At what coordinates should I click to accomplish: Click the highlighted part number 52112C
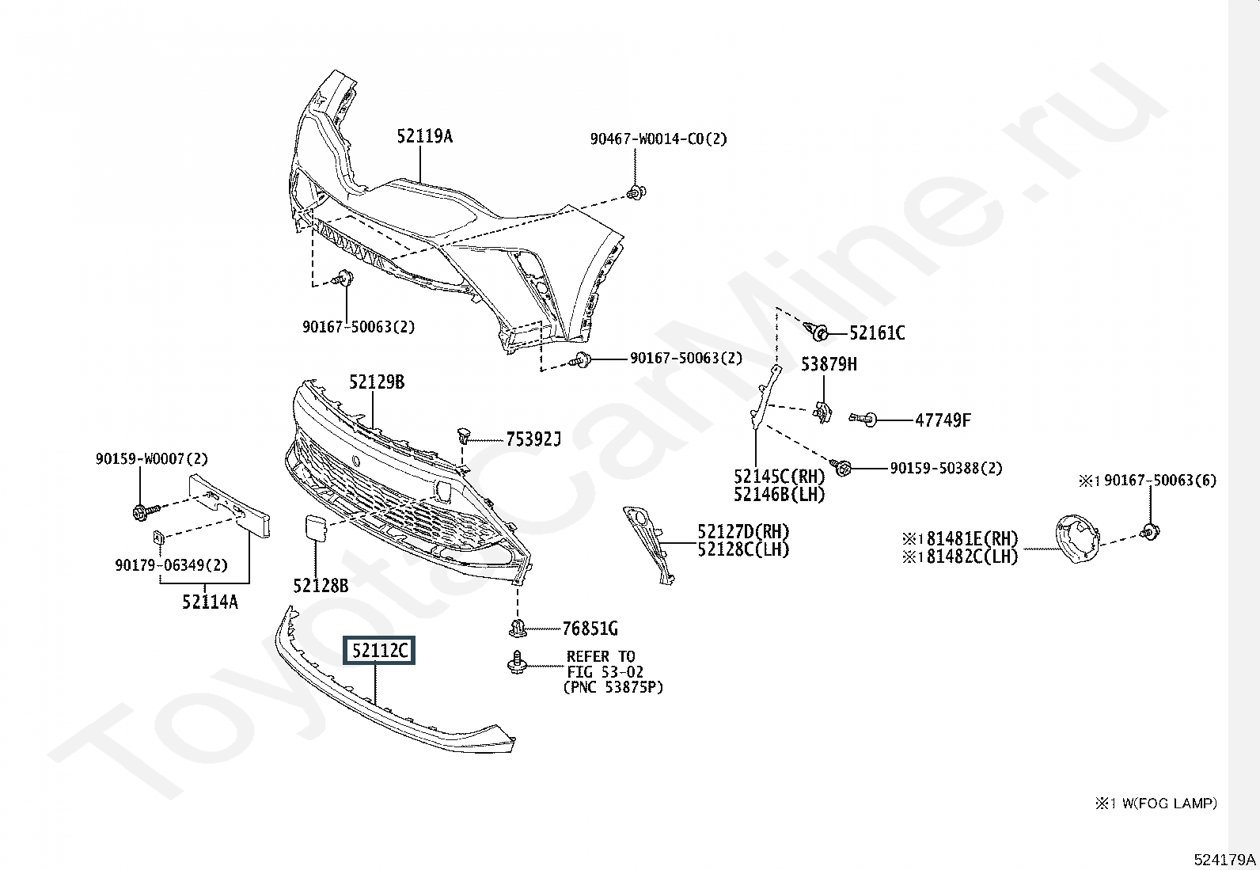tap(379, 651)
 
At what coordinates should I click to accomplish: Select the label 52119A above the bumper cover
tap(425, 136)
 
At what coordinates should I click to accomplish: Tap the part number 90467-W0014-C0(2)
tap(658, 139)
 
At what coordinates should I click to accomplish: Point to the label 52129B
tap(376, 382)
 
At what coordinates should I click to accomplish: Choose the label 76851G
tap(590, 628)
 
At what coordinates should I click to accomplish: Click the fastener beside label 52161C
tap(816, 332)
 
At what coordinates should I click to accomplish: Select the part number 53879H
tap(829, 365)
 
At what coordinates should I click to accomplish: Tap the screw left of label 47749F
tap(863, 419)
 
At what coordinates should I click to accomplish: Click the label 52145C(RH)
tap(779, 477)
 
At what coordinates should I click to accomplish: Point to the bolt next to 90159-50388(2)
tap(841, 467)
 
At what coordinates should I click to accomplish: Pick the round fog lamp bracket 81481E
tap(1077, 538)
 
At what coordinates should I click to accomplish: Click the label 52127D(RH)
tap(744, 531)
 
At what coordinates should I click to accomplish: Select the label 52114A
tap(210, 602)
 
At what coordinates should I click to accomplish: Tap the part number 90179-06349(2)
tap(172, 564)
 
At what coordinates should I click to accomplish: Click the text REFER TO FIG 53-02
tap(605, 664)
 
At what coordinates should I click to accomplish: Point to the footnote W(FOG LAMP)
tap(1170, 803)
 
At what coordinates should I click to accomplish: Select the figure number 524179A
tap(1224, 859)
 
